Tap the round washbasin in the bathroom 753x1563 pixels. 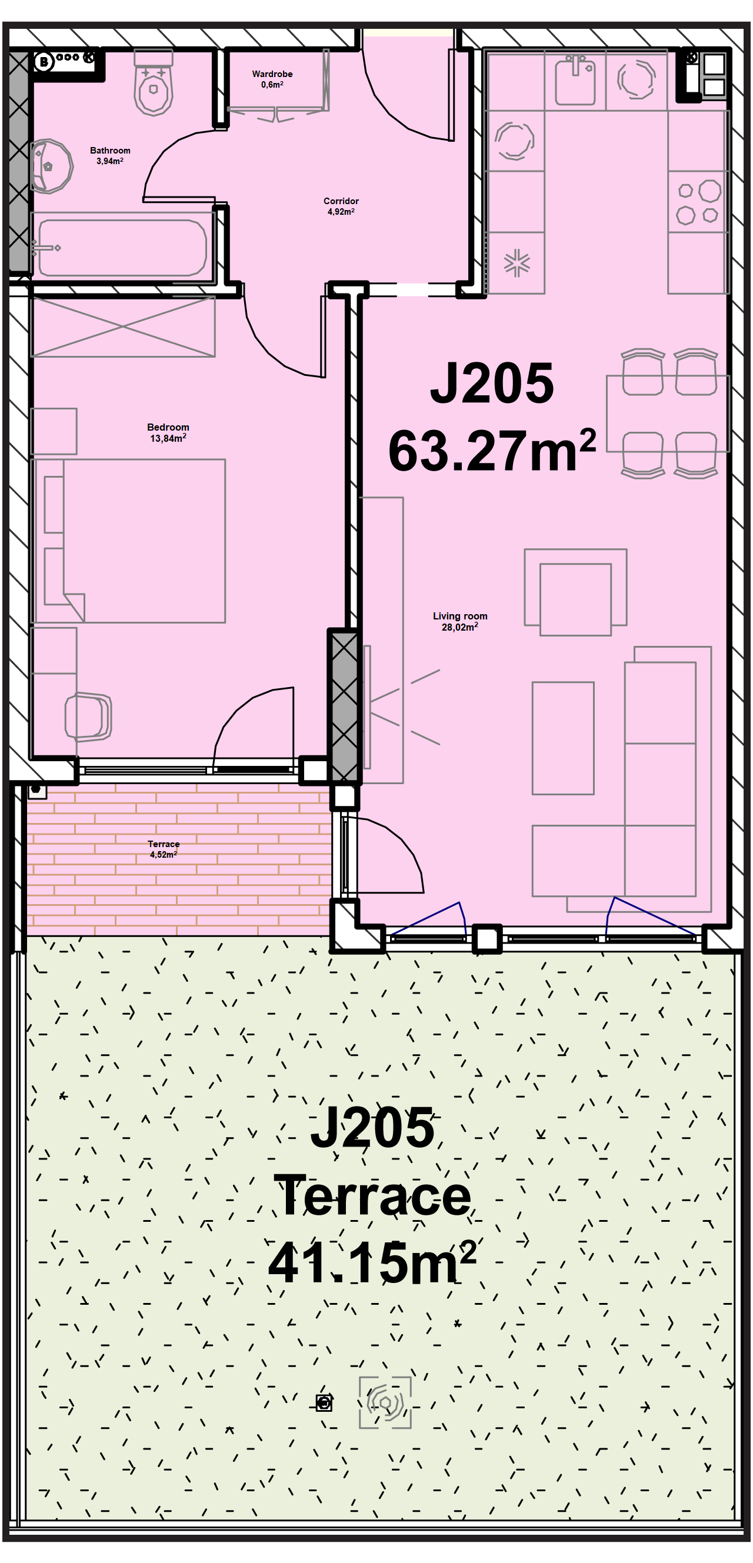point(51,166)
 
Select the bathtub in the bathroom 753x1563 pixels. point(122,248)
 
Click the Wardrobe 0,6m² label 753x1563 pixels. point(272,79)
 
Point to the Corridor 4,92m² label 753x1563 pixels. point(341,206)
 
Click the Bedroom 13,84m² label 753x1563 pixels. point(168,432)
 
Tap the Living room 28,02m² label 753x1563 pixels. point(460,621)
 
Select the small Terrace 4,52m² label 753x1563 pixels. point(164,849)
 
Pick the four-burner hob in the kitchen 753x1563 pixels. point(698,201)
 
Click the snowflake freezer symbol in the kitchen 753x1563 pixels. point(517,263)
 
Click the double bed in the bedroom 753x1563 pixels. point(129,541)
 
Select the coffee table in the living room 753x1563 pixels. point(563,738)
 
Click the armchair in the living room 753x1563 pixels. point(575,592)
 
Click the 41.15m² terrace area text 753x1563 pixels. point(372,1262)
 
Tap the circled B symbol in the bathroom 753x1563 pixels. point(44,61)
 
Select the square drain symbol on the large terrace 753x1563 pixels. point(324,1403)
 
